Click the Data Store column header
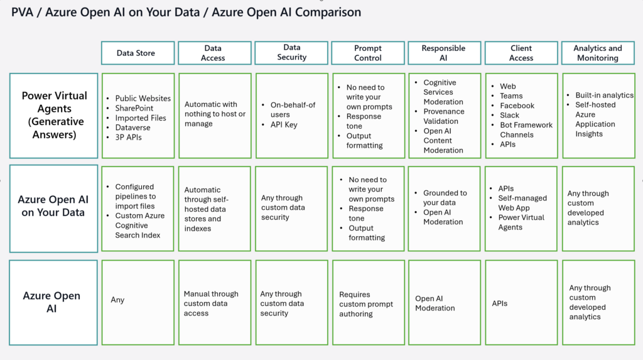138,53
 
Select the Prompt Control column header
368,53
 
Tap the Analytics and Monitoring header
598,53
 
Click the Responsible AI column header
445,53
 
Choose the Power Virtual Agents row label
54,116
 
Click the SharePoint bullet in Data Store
134,108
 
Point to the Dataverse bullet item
132,128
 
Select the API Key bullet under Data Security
284,124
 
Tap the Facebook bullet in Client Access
517,106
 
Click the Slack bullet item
509,115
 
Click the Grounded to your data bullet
445,197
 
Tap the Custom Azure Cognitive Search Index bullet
139,226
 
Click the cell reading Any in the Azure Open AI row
117,300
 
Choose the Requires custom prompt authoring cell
366,304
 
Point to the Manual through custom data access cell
211,303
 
